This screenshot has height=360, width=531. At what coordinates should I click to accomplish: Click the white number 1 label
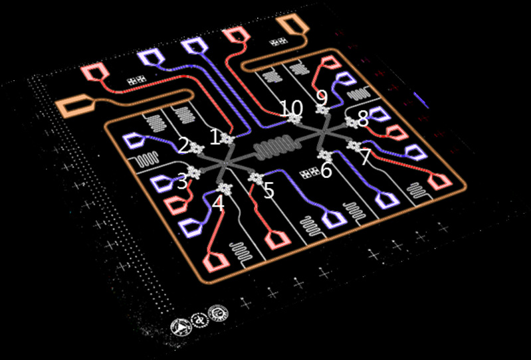[x=214, y=137]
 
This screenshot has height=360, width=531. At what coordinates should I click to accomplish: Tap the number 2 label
[x=182, y=145]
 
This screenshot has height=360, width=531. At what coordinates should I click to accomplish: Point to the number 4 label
[x=218, y=203]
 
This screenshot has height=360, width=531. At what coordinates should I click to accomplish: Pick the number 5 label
[x=268, y=191]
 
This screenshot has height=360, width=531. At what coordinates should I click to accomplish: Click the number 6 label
[x=326, y=171]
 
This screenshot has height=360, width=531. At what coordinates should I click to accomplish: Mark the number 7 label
[x=365, y=157]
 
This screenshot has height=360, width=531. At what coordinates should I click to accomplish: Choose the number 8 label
[x=362, y=120]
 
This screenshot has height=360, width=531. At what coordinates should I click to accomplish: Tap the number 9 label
[x=322, y=97]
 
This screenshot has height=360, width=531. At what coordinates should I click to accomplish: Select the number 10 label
[x=291, y=107]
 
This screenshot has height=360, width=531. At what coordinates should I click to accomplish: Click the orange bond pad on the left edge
[x=71, y=105]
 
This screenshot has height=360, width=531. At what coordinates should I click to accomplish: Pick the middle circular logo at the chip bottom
[x=199, y=321]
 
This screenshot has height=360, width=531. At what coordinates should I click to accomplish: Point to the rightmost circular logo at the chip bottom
[x=217, y=313]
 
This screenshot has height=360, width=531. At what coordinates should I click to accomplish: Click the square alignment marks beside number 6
[x=310, y=175]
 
